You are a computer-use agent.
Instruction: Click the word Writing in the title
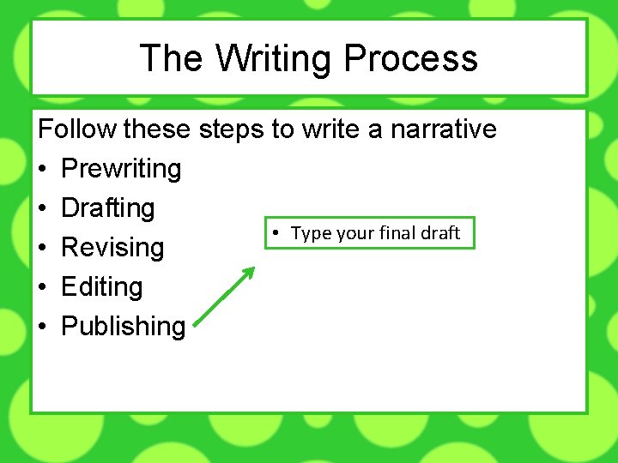click(274, 59)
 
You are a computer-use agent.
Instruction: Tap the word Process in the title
click(410, 59)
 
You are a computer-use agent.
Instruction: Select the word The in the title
click(170, 59)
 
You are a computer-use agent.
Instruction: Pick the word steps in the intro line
click(231, 129)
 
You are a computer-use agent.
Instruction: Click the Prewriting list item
click(121, 169)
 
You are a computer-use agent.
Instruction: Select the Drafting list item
click(108, 208)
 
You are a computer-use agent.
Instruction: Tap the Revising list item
click(112, 248)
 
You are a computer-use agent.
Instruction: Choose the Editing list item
click(102, 287)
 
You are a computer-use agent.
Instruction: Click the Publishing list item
click(124, 327)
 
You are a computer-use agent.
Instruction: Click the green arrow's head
click(250, 272)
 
